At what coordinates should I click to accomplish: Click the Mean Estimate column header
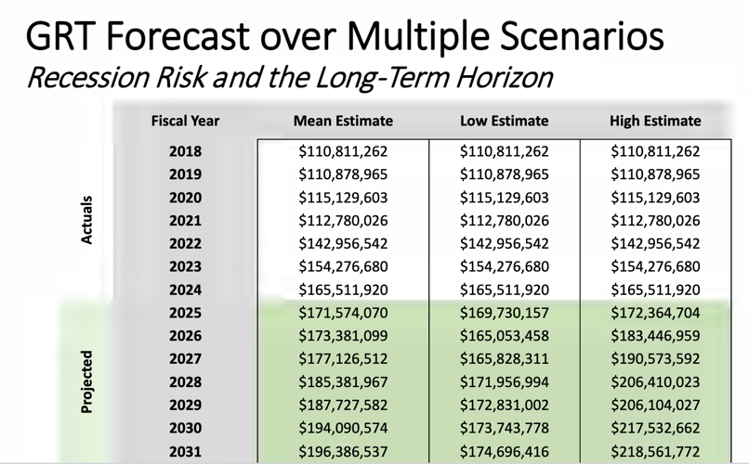(x=343, y=121)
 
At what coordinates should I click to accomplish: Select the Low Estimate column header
(x=504, y=121)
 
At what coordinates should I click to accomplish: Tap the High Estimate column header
(x=655, y=121)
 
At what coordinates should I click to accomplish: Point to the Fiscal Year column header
(x=186, y=121)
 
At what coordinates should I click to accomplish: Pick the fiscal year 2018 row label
(x=186, y=150)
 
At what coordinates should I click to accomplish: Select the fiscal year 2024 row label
(x=186, y=290)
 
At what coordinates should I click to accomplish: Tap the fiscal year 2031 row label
(x=186, y=451)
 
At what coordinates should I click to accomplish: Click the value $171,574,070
(x=343, y=313)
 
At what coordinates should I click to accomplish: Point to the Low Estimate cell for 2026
(x=504, y=336)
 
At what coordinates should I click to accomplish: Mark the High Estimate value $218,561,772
(x=655, y=451)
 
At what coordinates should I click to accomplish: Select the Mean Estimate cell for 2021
(x=343, y=220)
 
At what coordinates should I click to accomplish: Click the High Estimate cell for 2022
(x=655, y=243)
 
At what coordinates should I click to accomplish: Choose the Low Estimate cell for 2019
(x=504, y=174)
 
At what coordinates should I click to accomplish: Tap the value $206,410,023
(x=655, y=382)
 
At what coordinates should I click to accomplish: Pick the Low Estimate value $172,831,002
(x=504, y=406)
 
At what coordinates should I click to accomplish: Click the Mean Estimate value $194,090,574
(x=343, y=428)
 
